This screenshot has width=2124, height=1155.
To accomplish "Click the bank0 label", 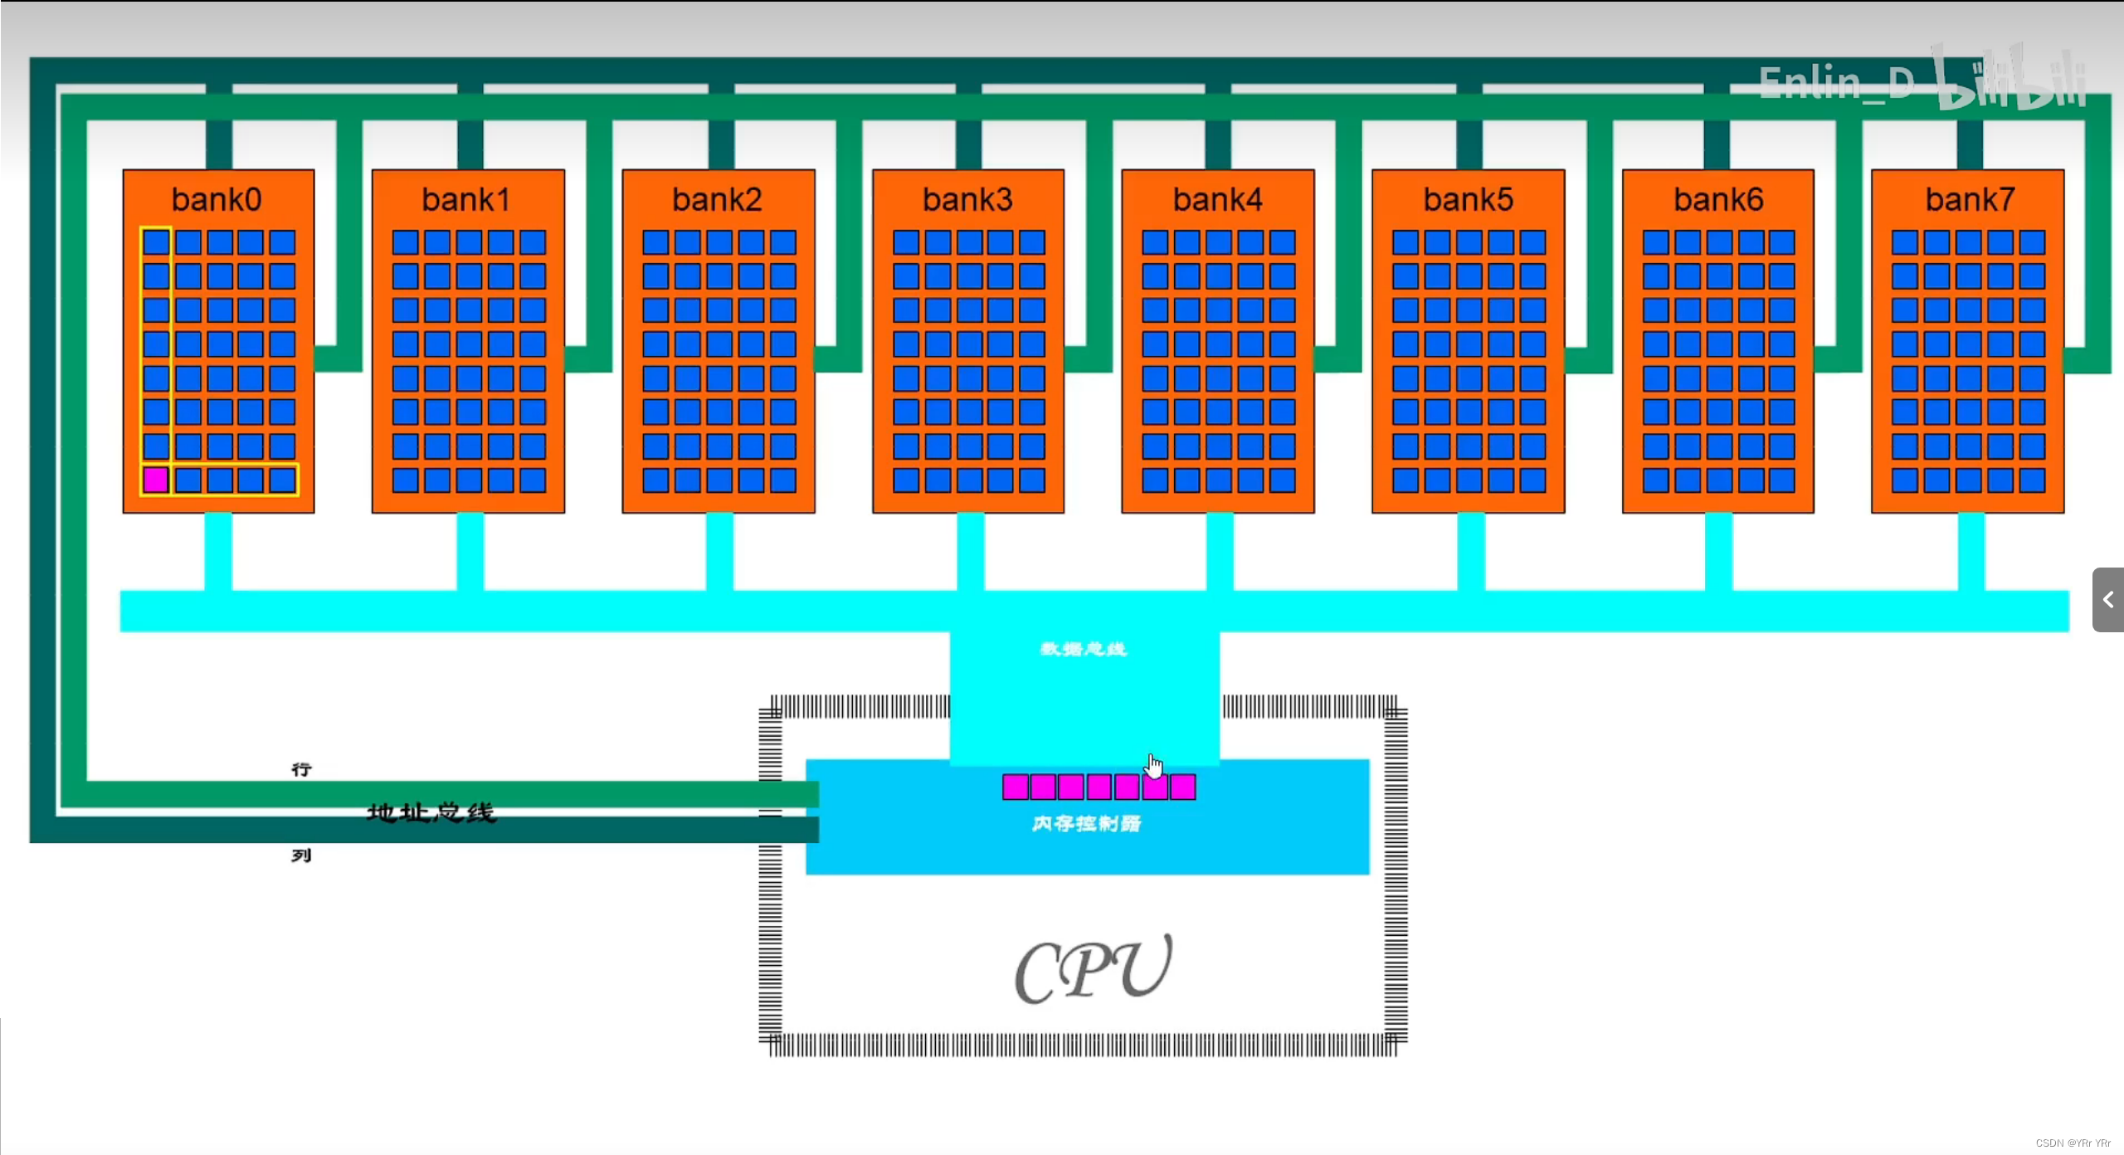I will pyautogui.click(x=217, y=200).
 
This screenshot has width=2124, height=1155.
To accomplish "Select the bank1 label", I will pyautogui.click(x=466, y=200).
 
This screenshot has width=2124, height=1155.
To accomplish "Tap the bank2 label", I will pyautogui.click(x=717, y=200).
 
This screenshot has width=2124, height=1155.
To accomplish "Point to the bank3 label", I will pyautogui.click(x=967, y=200).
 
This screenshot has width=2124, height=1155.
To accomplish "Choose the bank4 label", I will pyautogui.click(x=1217, y=200).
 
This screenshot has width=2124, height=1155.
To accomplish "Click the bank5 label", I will pyautogui.click(x=1468, y=200).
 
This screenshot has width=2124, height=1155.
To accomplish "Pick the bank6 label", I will pyautogui.click(x=1718, y=200).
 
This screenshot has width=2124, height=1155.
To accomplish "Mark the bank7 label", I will pyautogui.click(x=1970, y=200).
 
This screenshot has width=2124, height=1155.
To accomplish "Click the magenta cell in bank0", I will pyautogui.click(x=156, y=480).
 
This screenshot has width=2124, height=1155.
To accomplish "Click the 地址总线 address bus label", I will pyautogui.click(x=431, y=812).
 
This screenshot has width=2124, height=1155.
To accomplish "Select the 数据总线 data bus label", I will pyautogui.click(x=1084, y=649).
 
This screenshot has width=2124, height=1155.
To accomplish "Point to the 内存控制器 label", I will pyautogui.click(x=1086, y=823).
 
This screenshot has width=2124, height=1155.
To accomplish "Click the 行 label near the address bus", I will pyautogui.click(x=301, y=770).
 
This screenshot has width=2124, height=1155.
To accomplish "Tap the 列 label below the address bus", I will pyautogui.click(x=301, y=855).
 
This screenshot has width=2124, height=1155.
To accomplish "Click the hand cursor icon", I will pyautogui.click(x=1154, y=765).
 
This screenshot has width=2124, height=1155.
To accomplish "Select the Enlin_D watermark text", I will pyautogui.click(x=1836, y=84).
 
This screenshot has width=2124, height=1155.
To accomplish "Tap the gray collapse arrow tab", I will pyautogui.click(x=2108, y=600).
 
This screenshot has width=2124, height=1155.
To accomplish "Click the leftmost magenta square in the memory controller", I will pyautogui.click(x=1016, y=787).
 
